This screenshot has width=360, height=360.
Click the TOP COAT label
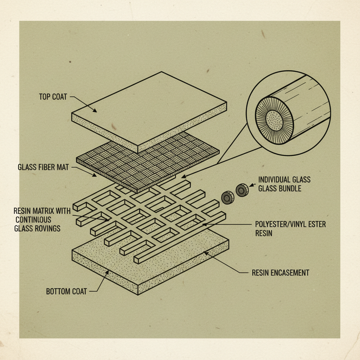point(53,97)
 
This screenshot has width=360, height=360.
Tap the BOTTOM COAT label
point(66,291)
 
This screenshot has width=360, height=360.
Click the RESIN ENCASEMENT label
point(281,272)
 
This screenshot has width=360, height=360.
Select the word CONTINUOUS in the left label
point(33,220)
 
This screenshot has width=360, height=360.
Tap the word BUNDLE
point(288,188)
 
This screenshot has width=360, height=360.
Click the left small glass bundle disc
point(228,198)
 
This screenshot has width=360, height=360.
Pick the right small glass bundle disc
point(242,190)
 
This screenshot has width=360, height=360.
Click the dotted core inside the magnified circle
point(274,120)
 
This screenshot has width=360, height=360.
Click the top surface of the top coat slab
point(151,105)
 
